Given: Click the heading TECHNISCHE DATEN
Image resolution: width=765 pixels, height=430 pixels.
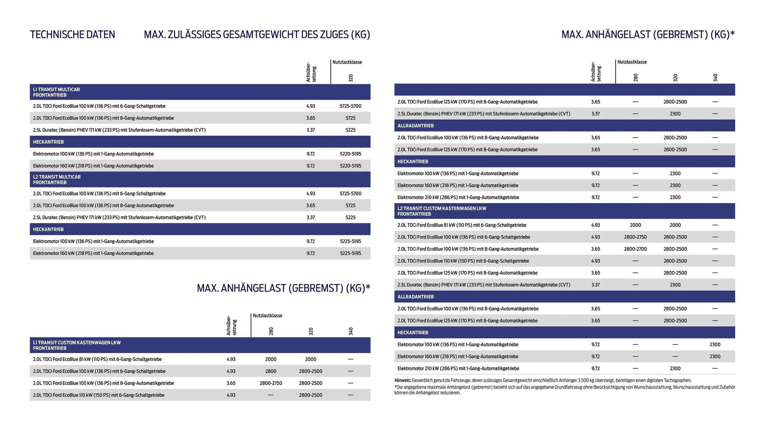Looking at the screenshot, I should pos(72,35).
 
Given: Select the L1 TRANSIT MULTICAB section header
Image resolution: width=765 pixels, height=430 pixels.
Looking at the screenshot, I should pos(56,92).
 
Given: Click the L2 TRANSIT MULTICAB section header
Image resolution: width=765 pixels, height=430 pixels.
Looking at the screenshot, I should pos(57,180).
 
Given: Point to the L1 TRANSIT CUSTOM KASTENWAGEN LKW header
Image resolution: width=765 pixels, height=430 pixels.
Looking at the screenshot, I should pos(76,345).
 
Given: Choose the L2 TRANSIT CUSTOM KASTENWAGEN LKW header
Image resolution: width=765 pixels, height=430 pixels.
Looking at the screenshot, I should pos(441,211).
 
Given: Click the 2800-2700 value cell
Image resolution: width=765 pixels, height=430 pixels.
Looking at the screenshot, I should pos(635,249).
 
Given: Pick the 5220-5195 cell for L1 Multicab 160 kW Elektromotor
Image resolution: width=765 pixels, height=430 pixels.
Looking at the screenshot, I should pos(350,166).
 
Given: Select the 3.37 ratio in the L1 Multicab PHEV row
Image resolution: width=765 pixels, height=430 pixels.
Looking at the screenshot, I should pos(310,130).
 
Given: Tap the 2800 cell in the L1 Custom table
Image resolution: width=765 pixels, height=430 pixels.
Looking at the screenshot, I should pos(271,371).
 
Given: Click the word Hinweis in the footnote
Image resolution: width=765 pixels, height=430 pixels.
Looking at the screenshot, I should pos(402,380).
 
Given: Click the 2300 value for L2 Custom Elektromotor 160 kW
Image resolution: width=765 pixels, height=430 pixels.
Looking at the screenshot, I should pos(715,356).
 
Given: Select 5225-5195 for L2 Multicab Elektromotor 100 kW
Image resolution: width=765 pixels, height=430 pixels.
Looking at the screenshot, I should pos(350,241).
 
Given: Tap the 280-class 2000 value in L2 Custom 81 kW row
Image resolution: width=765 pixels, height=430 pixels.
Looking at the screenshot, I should pos(635,225).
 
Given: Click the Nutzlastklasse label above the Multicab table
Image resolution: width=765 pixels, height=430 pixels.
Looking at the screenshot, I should pos(347,62).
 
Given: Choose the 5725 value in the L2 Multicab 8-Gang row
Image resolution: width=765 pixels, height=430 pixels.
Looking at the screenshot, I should pos(350,205).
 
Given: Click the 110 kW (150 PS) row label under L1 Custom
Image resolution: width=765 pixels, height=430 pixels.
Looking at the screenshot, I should pos(98,395).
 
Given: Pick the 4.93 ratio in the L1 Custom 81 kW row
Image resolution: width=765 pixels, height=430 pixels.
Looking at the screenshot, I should pos(231,359).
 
